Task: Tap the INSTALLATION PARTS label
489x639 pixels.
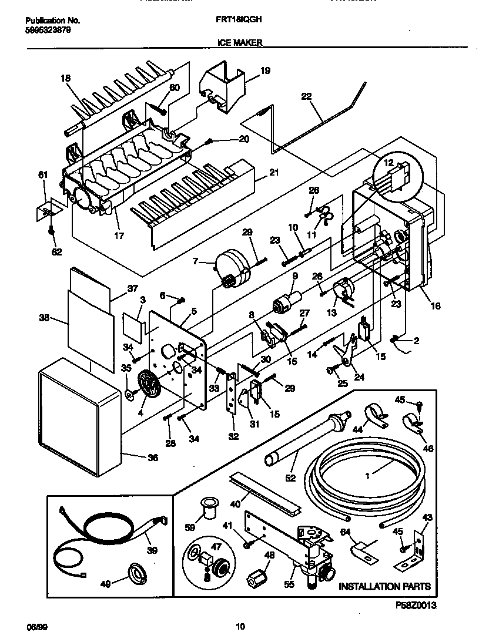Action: coord(384,586)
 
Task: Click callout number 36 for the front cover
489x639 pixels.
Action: coord(152,458)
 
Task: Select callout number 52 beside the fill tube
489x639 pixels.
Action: coord(290,479)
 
